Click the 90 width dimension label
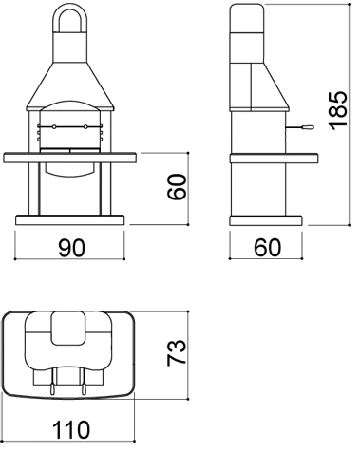[71, 248]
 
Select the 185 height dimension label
[336, 112]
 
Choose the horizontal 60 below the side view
[267, 248]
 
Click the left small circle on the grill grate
[54, 126]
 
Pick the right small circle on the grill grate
[86, 126]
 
